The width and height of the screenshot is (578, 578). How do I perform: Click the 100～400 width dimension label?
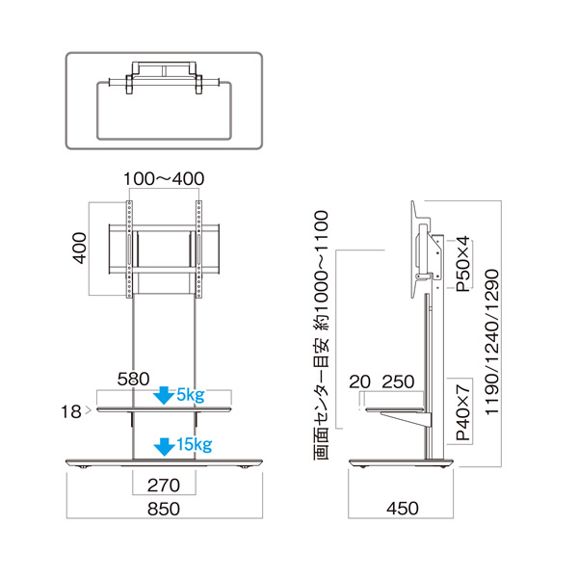coord(164,179)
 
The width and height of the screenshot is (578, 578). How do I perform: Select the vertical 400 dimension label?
coord(80,248)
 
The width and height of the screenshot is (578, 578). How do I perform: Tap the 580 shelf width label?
coord(134,379)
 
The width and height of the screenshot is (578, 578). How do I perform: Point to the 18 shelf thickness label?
coord(71,411)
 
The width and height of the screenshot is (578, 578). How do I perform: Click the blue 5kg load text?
coord(191,395)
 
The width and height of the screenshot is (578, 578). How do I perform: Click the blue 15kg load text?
coord(195,444)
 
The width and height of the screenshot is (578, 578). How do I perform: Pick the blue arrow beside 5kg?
coord(164,396)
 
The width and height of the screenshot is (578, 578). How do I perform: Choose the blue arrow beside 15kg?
coord(164,447)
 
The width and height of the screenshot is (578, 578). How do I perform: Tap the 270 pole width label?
coord(164,486)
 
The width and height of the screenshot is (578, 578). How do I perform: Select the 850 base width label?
coord(164,509)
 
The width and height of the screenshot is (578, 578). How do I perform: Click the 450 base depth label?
coord(403,509)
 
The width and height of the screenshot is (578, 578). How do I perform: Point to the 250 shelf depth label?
coord(398,381)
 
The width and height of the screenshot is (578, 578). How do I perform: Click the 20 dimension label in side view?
coord(359,381)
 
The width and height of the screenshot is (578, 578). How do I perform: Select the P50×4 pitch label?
coord(463,264)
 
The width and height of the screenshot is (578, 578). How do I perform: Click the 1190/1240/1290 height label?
coord(491,342)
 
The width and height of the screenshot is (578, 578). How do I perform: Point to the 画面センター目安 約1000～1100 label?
coord(321,335)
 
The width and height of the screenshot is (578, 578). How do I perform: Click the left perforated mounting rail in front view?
coord(129,250)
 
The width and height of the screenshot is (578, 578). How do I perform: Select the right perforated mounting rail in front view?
coord(198,250)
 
